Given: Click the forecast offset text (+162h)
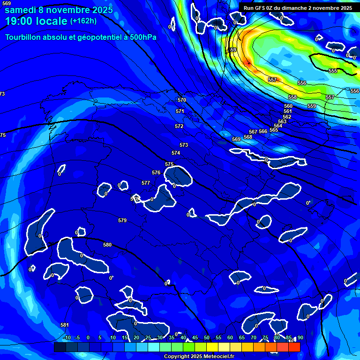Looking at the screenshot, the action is (x=83, y=21).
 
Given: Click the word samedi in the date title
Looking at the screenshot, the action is (x=21, y=9).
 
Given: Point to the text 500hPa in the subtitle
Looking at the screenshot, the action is (x=142, y=37).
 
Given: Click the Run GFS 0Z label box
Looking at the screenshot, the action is (x=298, y=7).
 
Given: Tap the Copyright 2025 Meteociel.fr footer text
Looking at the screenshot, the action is (x=199, y=356).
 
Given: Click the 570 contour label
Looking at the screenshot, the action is (x=182, y=100).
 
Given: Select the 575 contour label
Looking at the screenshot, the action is (x=169, y=164).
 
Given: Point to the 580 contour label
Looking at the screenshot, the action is (x=107, y=245).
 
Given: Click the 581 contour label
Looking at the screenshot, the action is (x=65, y=325).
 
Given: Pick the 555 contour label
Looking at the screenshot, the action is (x=333, y=71).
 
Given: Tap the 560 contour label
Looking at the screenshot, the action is (x=288, y=106).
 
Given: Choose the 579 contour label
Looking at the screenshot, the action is (x=122, y=220).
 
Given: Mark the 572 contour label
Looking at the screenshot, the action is (x=179, y=126).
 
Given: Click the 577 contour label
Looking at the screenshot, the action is (x=146, y=183).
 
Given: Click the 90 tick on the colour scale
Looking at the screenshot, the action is (x=300, y=337).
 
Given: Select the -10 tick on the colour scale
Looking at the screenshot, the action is (x=67, y=337).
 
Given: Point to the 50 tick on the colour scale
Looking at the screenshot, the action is (x=207, y=337).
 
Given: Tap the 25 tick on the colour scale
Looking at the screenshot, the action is (x=148, y=337).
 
